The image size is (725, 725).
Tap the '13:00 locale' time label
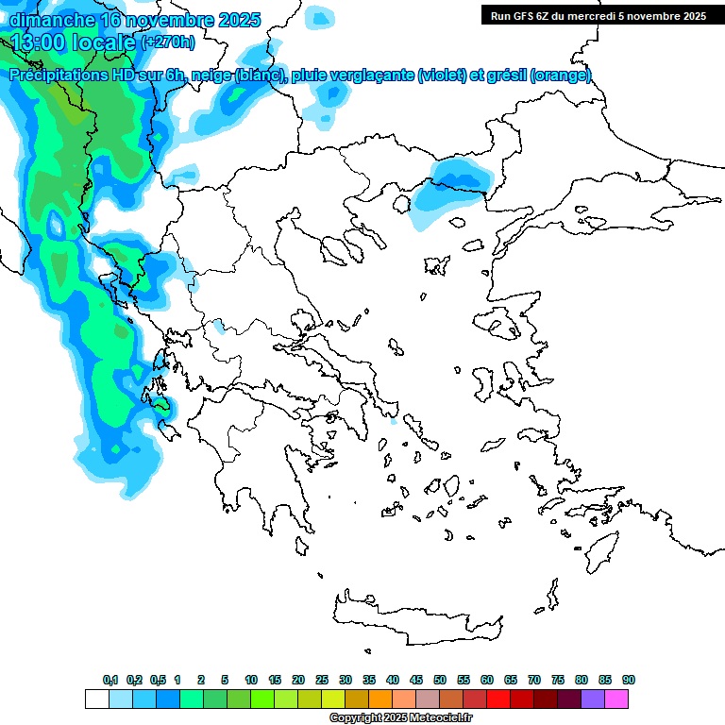[74, 42]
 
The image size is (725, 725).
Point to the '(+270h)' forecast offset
[168, 42]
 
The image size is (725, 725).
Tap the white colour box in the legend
[96, 700]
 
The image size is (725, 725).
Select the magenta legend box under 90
[617, 700]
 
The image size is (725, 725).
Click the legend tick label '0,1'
[110, 680]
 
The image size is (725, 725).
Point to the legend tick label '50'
[440, 680]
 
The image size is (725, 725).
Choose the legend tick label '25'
[322, 680]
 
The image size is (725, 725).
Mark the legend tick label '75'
[558, 680]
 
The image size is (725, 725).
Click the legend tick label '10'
[251, 680]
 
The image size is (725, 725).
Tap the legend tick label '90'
[629, 680]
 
